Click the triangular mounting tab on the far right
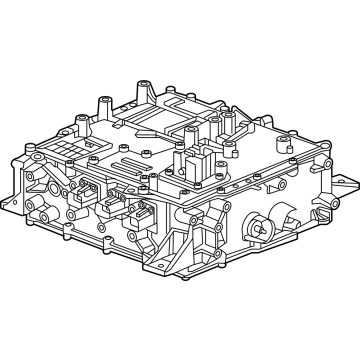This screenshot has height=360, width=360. pyautogui.click(x=342, y=186)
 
